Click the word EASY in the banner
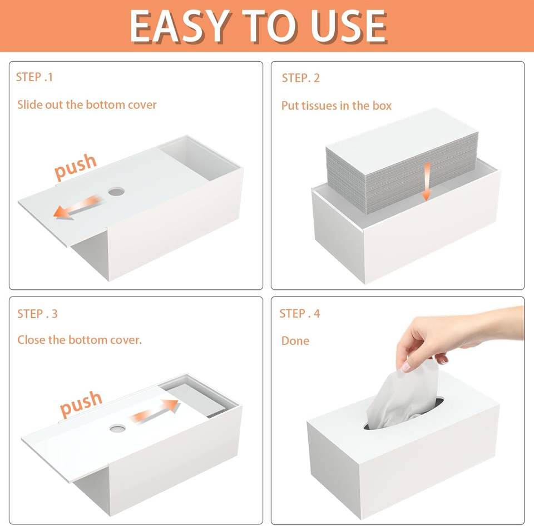179,26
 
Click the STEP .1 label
34,77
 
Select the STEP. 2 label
301,78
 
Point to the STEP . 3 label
37,314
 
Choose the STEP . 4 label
300,313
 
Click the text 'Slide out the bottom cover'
87,105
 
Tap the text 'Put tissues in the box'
337,106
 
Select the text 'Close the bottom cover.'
80,340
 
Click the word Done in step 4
295,340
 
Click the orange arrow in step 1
77,207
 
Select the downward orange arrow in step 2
427,182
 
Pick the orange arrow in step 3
155,412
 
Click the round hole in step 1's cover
116,192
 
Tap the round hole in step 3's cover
117,428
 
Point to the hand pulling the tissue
456,337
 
